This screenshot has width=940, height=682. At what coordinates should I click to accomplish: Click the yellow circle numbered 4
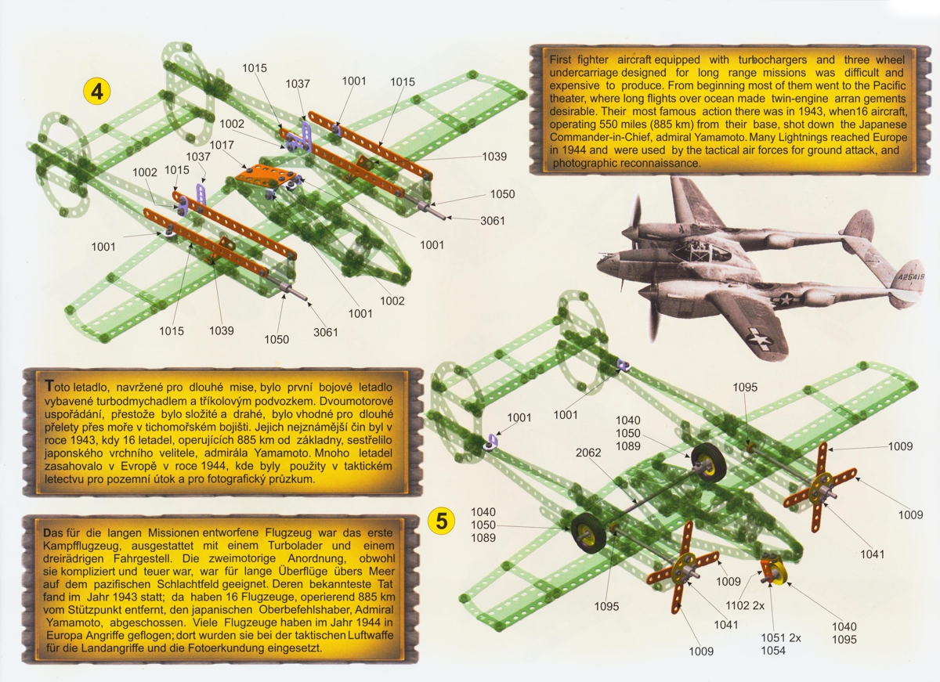(97, 92)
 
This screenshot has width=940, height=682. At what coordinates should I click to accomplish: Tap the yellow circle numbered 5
(441, 521)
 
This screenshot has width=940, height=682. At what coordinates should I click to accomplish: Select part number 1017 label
(222, 145)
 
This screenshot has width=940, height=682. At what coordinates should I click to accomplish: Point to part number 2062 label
(588, 453)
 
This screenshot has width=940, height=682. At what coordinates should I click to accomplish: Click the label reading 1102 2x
(745, 606)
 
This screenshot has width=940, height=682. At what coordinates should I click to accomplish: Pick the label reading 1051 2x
(781, 637)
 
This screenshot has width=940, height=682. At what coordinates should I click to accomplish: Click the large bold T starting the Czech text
(49, 386)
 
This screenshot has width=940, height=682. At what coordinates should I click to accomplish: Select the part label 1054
(773, 651)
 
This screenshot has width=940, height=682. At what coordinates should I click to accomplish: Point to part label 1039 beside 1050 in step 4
(494, 157)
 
